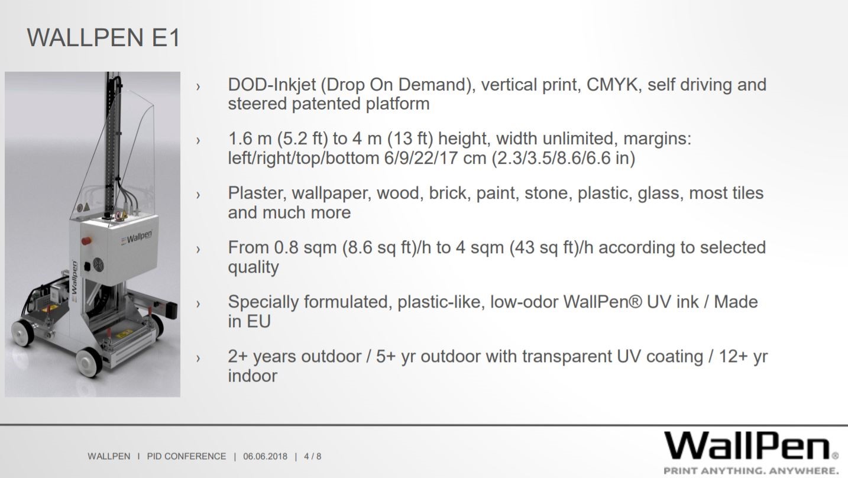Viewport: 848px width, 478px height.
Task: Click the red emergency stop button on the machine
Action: pyautogui.click(x=86, y=241)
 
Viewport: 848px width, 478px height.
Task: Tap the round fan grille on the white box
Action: pyautogui.click(x=98, y=264)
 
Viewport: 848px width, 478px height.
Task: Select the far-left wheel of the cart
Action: pyautogui.click(x=22, y=333)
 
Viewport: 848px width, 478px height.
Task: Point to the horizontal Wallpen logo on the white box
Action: pyautogui.click(x=137, y=237)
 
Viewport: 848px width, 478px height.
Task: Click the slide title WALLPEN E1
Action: pyautogui.click(x=103, y=37)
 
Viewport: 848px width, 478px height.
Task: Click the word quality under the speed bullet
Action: pyautogui.click(x=253, y=267)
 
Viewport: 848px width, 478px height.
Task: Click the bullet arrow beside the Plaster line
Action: pyautogui.click(x=198, y=195)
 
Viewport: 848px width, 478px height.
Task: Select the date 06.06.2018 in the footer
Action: pyautogui.click(x=265, y=457)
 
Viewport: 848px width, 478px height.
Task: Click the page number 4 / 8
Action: pyautogui.click(x=312, y=457)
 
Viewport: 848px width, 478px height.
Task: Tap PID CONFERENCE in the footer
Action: pyautogui.click(x=186, y=457)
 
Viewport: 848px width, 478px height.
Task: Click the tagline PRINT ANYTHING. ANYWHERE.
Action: pyautogui.click(x=751, y=471)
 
